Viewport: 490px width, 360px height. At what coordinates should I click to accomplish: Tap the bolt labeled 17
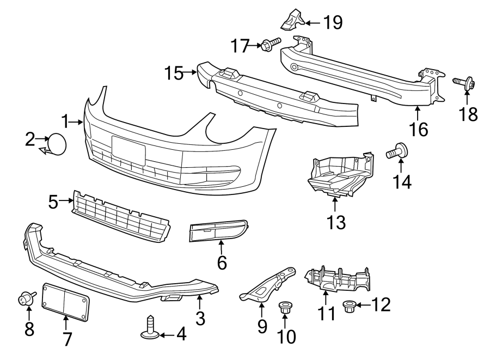click(x=270, y=44)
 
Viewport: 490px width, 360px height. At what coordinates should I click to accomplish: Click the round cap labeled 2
click(x=57, y=143)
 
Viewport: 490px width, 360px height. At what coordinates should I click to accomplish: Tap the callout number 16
click(x=419, y=129)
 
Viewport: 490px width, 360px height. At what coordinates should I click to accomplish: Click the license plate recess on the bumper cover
click(x=128, y=150)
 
